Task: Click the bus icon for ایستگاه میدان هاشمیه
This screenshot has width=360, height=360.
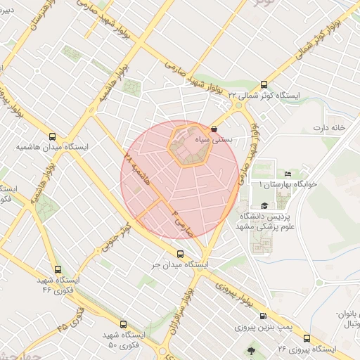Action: click(52, 137)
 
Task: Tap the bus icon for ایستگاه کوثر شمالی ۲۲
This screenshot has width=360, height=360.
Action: click(264, 83)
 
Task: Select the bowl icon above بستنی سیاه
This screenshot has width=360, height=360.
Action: click(214, 129)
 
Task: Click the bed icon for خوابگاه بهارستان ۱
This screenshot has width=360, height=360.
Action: click(287, 174)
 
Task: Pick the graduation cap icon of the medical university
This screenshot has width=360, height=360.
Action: click(264, 204)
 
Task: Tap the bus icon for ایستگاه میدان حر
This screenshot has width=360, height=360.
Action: click(180, 254)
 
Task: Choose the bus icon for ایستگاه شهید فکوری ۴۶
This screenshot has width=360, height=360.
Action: click(57, 269)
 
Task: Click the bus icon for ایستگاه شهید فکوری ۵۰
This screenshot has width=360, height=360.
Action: click(124, 325)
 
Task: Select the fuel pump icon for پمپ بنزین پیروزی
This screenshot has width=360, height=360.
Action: click(263, 316)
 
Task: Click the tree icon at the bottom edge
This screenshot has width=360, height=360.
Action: click(252, 348)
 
